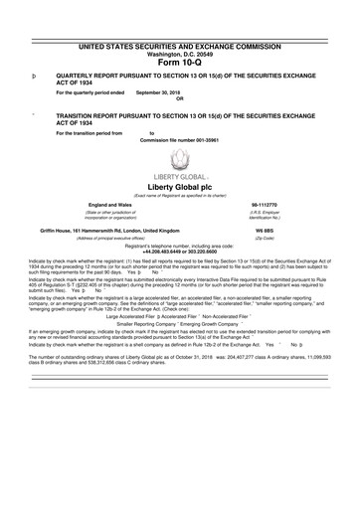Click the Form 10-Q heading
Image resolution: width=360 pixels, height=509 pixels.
click(180, 63)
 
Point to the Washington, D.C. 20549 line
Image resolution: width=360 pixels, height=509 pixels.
click(180, 53)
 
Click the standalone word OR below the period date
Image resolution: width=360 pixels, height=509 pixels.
click(179, 98)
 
